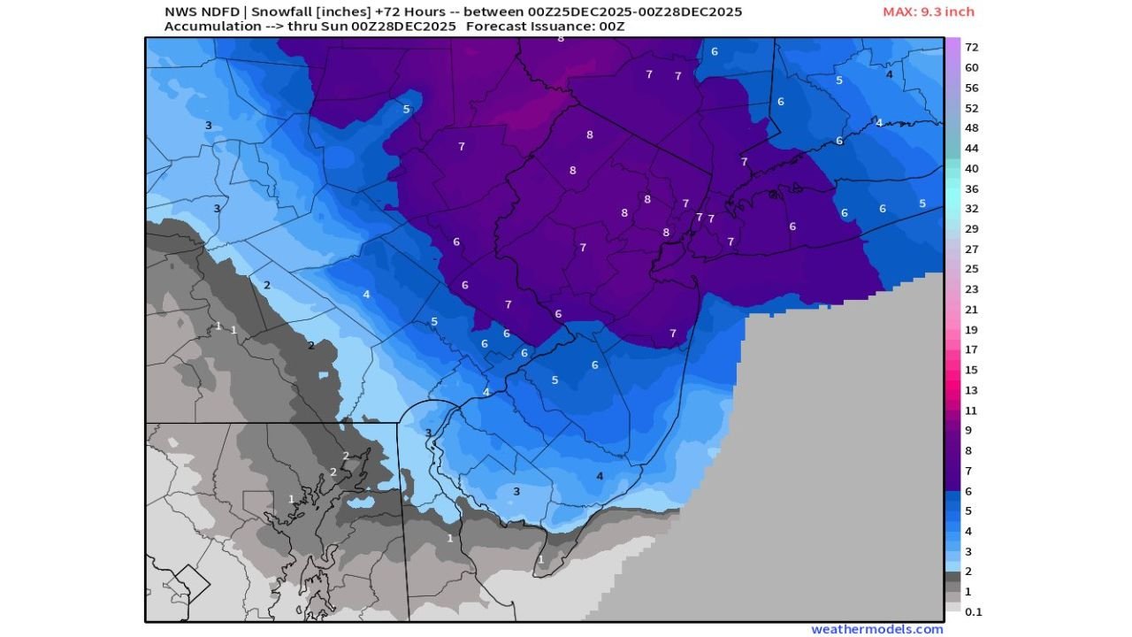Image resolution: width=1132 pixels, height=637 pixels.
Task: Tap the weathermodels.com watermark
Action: click(x=876, y=629)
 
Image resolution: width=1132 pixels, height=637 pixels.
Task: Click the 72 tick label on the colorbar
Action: click(x=971, y=47)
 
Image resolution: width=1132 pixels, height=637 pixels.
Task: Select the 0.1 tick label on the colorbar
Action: click(x=973, y=611)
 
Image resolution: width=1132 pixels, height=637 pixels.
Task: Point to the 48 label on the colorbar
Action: click(x=971, y=127)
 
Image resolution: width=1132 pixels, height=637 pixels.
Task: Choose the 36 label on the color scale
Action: click(x=971, y=188)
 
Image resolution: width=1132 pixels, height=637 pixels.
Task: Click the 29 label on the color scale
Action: click(x=971, y=229)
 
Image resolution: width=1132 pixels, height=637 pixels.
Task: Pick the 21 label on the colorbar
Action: click(x=971, y=310)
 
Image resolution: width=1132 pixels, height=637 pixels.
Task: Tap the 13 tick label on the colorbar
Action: click(x=971, y=390)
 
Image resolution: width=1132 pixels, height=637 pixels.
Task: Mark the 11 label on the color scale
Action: click(x=971, y=411)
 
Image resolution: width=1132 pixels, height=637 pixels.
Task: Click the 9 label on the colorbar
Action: click(x=968, y=431)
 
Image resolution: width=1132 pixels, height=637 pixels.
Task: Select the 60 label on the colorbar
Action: click(x=971, y=67)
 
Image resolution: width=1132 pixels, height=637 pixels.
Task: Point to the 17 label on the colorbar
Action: click(x=971, y=349)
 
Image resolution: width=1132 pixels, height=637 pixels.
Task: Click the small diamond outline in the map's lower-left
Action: click(x=189, y=585)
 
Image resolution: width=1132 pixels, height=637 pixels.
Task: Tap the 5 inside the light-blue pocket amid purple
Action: click(x=407, y=110)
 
